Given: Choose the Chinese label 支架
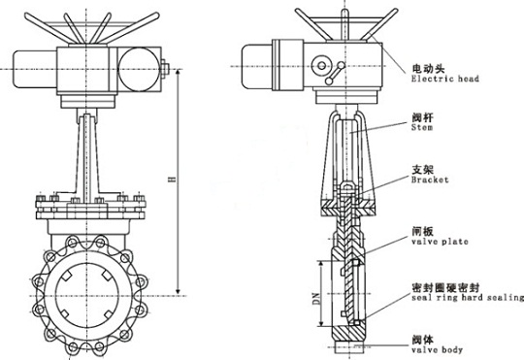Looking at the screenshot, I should tap(422, 168).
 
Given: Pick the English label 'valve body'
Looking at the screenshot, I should tap(433, 351).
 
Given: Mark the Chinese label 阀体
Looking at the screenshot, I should tap(422, 340).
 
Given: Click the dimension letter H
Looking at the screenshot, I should tap(172, 179).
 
